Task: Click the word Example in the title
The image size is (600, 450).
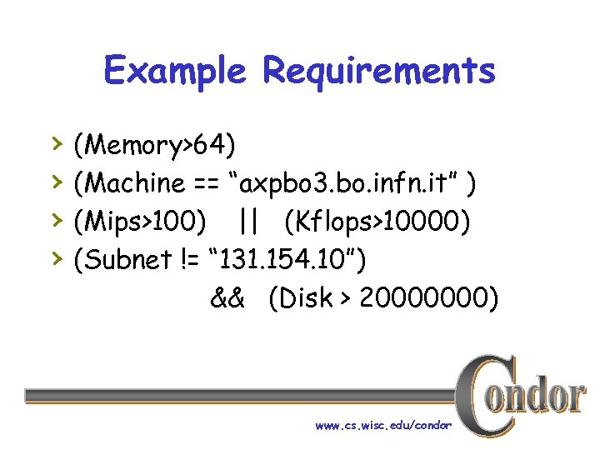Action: pyautogui.click(x=175, y=72)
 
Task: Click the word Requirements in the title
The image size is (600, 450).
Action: pyautogui.click(x=379, y=72)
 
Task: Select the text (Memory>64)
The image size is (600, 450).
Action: pyautogui.click(x=154, y=146)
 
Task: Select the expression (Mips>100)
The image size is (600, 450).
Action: pyautogui.click(x=140, y=222)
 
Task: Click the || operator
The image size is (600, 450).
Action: pyautogui.click(x=247, y=222)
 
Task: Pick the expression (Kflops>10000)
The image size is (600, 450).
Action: pyautogui.click(x=377, y=222)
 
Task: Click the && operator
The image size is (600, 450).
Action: pyautogui.click(x=227, y=298)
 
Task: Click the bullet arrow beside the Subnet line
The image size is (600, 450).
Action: pyautogui.click(x=55, y=257)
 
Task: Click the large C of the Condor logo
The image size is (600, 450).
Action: pyautogui.click(x=481, y=392)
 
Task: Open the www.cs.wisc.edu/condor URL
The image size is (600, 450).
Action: pyautogui.click(x=383, y=426)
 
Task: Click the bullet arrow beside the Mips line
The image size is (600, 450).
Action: pyautogui.click(x=55, y=219)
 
